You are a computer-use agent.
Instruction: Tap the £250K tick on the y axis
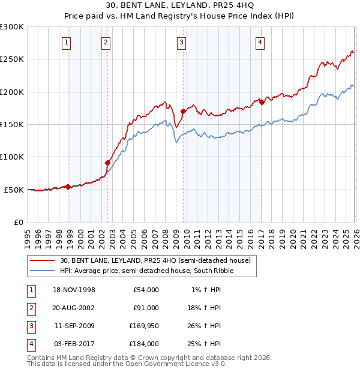12,59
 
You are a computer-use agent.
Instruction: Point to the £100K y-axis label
12,157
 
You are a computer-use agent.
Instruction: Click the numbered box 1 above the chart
65,42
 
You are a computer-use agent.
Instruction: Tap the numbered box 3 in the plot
181,42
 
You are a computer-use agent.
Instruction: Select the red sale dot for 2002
108,163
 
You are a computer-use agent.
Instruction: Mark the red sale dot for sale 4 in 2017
262,102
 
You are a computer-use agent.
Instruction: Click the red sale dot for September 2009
183,111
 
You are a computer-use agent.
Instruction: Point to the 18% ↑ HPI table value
203,308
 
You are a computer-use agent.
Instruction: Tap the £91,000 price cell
143,308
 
